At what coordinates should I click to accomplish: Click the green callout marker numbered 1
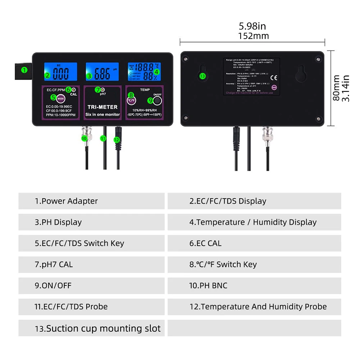tap(24, 70)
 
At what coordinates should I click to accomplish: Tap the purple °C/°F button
tap(131, 100)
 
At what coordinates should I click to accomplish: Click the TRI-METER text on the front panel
tap(102, 107)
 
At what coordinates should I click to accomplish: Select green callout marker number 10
tap(84, 138)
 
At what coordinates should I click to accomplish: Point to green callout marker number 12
tap(116, 140)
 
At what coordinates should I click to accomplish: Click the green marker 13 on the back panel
tap(202, 76)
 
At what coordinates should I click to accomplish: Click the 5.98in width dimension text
tap(252, 26)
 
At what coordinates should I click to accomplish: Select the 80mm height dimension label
tap(336, 88)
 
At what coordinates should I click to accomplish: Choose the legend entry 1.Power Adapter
tap(66, 201)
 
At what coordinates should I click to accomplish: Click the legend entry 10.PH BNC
tap(208, 286)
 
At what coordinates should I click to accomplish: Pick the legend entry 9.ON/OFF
tap(53, 286)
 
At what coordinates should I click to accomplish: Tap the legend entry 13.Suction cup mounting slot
tap(97, 328)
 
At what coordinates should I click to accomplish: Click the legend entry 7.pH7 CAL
tap(54, 264)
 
